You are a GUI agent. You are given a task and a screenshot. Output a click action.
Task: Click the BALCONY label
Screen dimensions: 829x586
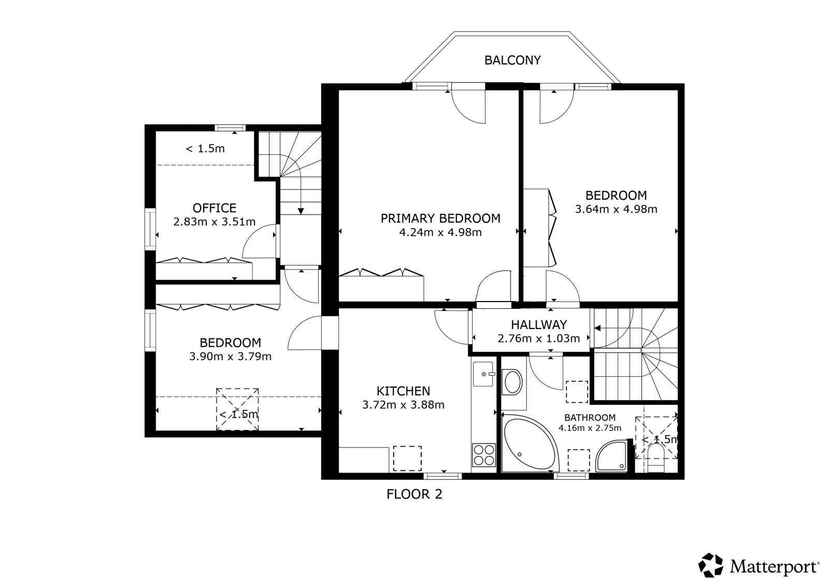(x=512, y=60)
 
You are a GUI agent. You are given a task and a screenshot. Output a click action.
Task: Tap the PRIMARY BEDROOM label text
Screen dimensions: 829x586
(x=440, y=219)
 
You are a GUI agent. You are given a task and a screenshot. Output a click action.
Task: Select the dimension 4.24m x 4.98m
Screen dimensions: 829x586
(x=440, y=233)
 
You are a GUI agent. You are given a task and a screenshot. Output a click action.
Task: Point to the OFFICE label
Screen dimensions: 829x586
(x=215, y=208)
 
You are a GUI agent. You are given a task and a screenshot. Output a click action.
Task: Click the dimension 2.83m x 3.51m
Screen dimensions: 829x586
(x=215, y=222)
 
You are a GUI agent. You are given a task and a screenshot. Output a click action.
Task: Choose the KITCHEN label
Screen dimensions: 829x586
(x=404, y=391)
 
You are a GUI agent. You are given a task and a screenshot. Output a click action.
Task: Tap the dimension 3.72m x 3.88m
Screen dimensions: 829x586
(x=404, y=405)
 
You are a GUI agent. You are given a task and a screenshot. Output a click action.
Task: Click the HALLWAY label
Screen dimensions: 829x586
(x=539, y=325)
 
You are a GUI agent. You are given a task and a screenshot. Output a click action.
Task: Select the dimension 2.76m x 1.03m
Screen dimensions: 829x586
(x=539, y=338)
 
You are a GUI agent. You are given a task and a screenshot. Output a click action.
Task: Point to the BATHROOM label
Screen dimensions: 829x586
(x=590, y=418)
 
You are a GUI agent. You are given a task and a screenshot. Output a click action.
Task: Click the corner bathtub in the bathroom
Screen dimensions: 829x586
(x=531, y=443)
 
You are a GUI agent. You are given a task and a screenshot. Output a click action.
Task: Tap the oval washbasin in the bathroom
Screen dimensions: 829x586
(x=512, y=382)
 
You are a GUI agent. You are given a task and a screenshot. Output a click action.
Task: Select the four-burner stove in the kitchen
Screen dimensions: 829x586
(x=484, y=455)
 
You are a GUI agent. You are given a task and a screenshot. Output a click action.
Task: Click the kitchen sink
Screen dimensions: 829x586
(x=483, y=374)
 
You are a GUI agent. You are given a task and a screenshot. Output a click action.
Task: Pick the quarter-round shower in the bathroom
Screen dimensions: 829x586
(x=611, y=456)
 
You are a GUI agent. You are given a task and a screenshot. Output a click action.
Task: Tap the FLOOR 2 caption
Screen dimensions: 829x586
(x=414, y=494)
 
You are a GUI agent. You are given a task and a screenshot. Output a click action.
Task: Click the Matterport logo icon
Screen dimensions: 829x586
(x=710, y=565)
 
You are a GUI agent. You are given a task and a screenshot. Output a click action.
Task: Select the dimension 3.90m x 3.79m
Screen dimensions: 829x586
(x=230, y=356)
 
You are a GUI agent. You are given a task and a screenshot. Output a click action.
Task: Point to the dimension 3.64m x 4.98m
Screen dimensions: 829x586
(x=616, y=209)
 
